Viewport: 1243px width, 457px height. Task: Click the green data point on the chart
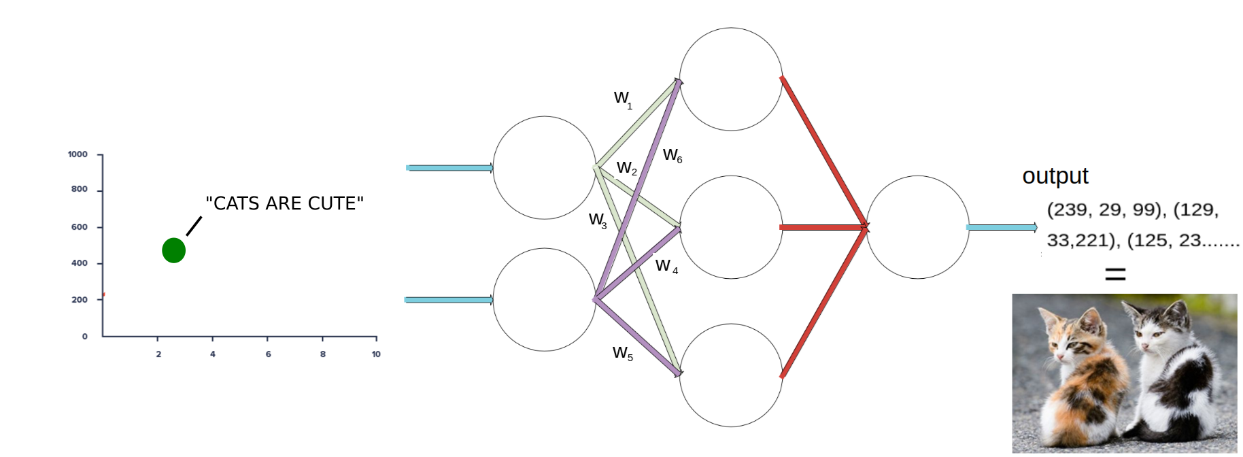click(173, 250)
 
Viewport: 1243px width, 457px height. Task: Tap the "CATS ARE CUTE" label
click(284, 203)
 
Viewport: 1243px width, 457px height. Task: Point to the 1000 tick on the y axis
click(78, 154)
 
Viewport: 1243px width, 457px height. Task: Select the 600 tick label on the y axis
click(79, 227)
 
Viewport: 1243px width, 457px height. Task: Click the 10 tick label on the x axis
click(376, 354)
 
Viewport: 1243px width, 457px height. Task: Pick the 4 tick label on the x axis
click(213, 354)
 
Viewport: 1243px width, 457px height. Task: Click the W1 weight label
click(623, 99)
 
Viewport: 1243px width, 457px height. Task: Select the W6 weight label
click(672, 156)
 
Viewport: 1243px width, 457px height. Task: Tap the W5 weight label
click(622, 353)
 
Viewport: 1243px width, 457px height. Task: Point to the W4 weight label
click(666, 266)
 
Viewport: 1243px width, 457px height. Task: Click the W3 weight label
click(598, 220)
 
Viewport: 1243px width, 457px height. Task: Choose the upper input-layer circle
click(544, 167)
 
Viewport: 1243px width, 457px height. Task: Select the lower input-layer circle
click(544, 299)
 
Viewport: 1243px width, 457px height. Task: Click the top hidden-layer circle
click(731, 79)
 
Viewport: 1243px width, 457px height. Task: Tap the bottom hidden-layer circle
click(731, 375)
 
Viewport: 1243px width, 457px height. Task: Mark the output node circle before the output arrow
click(917, 227)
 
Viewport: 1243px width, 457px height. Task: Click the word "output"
click(1055, 176)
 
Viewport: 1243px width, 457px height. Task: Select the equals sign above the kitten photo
click(1115, 274)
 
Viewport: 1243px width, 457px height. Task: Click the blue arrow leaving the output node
click(1002, 227)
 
